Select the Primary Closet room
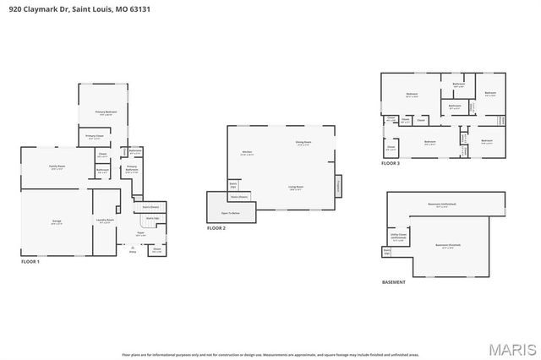coord(94,136)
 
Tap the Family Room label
coord(57,167)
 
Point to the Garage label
coord(56,222)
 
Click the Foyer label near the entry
coord(141,235)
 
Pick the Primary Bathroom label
coord(132,168)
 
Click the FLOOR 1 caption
coord(30,262)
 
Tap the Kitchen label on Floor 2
coord(247,153)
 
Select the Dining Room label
coord(303,143)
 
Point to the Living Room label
coord(296,188)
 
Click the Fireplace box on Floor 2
coord(338,184)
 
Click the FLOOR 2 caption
coord(216,228)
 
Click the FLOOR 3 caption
coord(391,163)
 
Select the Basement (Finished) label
coord(445,246)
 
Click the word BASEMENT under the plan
coord(394,281)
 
